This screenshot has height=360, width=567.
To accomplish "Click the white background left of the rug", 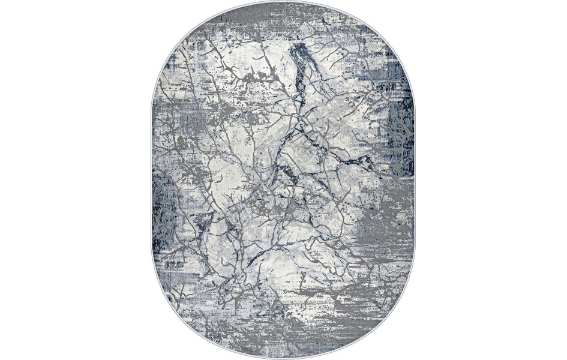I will click(72, 180).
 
